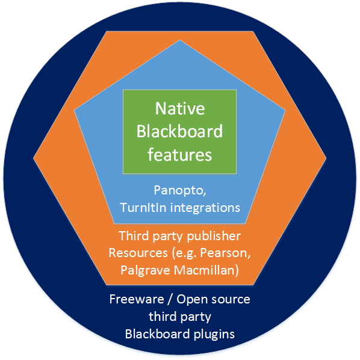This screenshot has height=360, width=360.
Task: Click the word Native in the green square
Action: pyautogui.click(x=179, y=109)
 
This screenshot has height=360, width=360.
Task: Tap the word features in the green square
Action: pyautogui.click(x=179, y=154)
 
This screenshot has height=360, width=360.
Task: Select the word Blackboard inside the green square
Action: pyautogui.click(x=179, y=131)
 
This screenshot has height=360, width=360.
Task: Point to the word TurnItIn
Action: pyautogui.click(x=145, y=208)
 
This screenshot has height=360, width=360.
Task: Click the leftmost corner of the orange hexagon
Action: pyautogui.click(x=34, y=158)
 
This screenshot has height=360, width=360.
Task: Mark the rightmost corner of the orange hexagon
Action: pyautogui.click(x=326, y=158)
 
